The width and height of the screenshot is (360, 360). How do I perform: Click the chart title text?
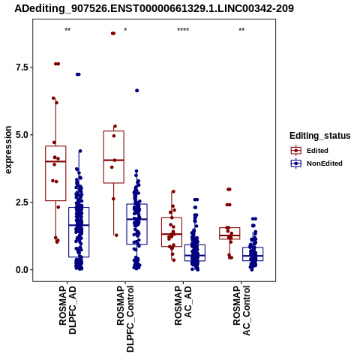coord(154,8)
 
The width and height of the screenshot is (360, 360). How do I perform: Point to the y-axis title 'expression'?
coord(8,150)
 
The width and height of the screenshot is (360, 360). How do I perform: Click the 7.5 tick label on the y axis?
coord(21,67)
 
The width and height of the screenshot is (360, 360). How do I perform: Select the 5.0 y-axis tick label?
coord(21,135)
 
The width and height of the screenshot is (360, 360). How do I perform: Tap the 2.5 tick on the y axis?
coord(21,202)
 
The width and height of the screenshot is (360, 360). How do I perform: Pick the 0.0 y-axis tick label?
coord(21,270)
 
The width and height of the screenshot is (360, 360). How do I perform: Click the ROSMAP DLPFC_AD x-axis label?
coord(67,310)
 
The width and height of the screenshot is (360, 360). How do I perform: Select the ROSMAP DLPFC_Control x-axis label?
coord(125,319)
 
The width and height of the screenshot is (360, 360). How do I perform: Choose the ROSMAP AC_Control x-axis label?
coord(241,310)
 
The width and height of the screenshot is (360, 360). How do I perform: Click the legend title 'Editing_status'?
coord(320,136)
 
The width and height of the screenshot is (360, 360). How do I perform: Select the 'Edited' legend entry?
coord(317,151)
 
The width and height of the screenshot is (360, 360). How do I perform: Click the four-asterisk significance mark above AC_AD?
coord(183,30)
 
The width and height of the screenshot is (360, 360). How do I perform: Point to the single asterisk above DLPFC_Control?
coord(125,30)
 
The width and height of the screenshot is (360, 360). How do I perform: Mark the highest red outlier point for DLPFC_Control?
coord(113,34)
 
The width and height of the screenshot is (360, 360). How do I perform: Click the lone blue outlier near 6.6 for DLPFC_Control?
coord(137,91)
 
